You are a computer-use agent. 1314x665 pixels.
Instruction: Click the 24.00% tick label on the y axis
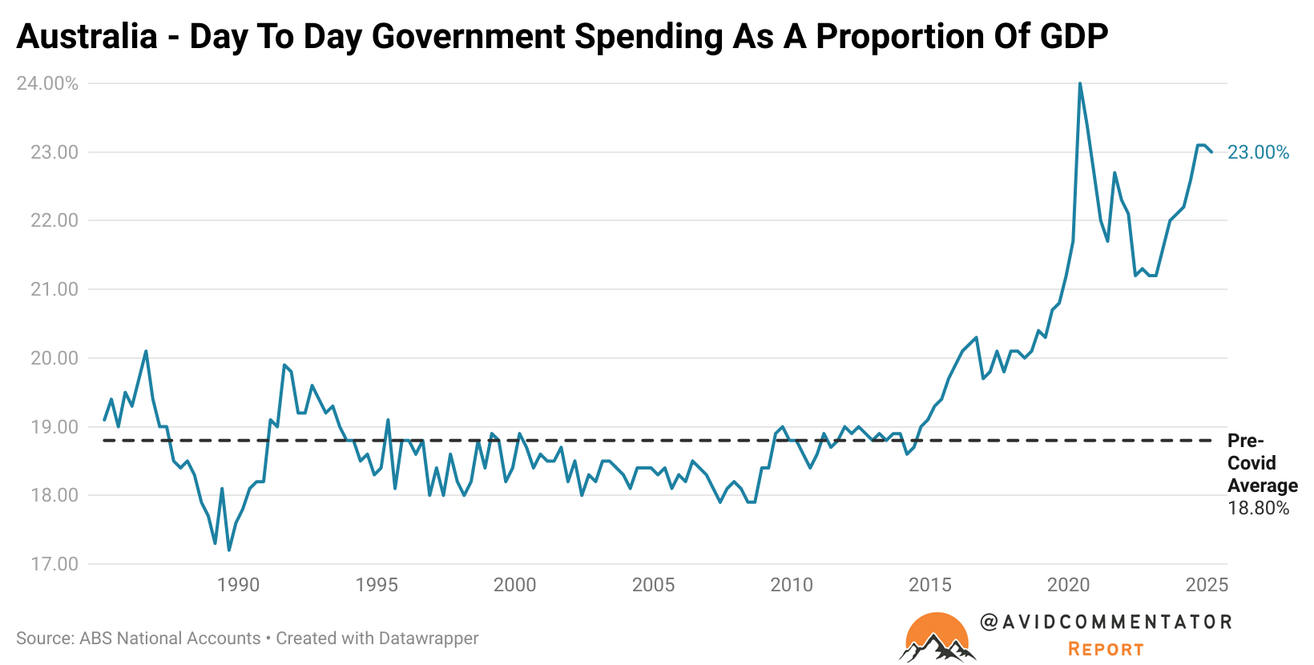47,83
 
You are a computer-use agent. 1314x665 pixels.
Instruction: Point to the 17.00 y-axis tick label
54,564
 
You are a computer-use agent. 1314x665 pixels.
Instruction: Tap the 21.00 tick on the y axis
54,289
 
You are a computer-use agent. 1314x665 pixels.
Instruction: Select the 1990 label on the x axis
238,585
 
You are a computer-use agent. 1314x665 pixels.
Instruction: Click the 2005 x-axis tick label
653,585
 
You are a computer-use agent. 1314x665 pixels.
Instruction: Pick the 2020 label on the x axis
1068,585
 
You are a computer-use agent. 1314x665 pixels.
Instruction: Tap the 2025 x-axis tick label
1207,585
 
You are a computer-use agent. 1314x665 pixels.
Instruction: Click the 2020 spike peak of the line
1080,83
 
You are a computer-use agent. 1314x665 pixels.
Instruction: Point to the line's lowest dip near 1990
229,550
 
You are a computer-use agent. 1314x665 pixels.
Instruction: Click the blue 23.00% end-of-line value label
1258,152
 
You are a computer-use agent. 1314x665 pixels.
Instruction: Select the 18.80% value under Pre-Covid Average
1258,508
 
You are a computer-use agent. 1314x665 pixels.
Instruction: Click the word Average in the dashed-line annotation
1263,486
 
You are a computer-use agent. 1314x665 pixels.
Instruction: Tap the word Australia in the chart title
87,37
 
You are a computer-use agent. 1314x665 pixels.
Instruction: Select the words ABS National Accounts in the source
170,639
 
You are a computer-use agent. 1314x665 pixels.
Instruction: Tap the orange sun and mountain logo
937,639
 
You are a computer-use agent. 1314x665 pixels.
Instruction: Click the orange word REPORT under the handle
1106,649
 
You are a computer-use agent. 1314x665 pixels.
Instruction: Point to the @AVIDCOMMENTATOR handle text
1106,622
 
